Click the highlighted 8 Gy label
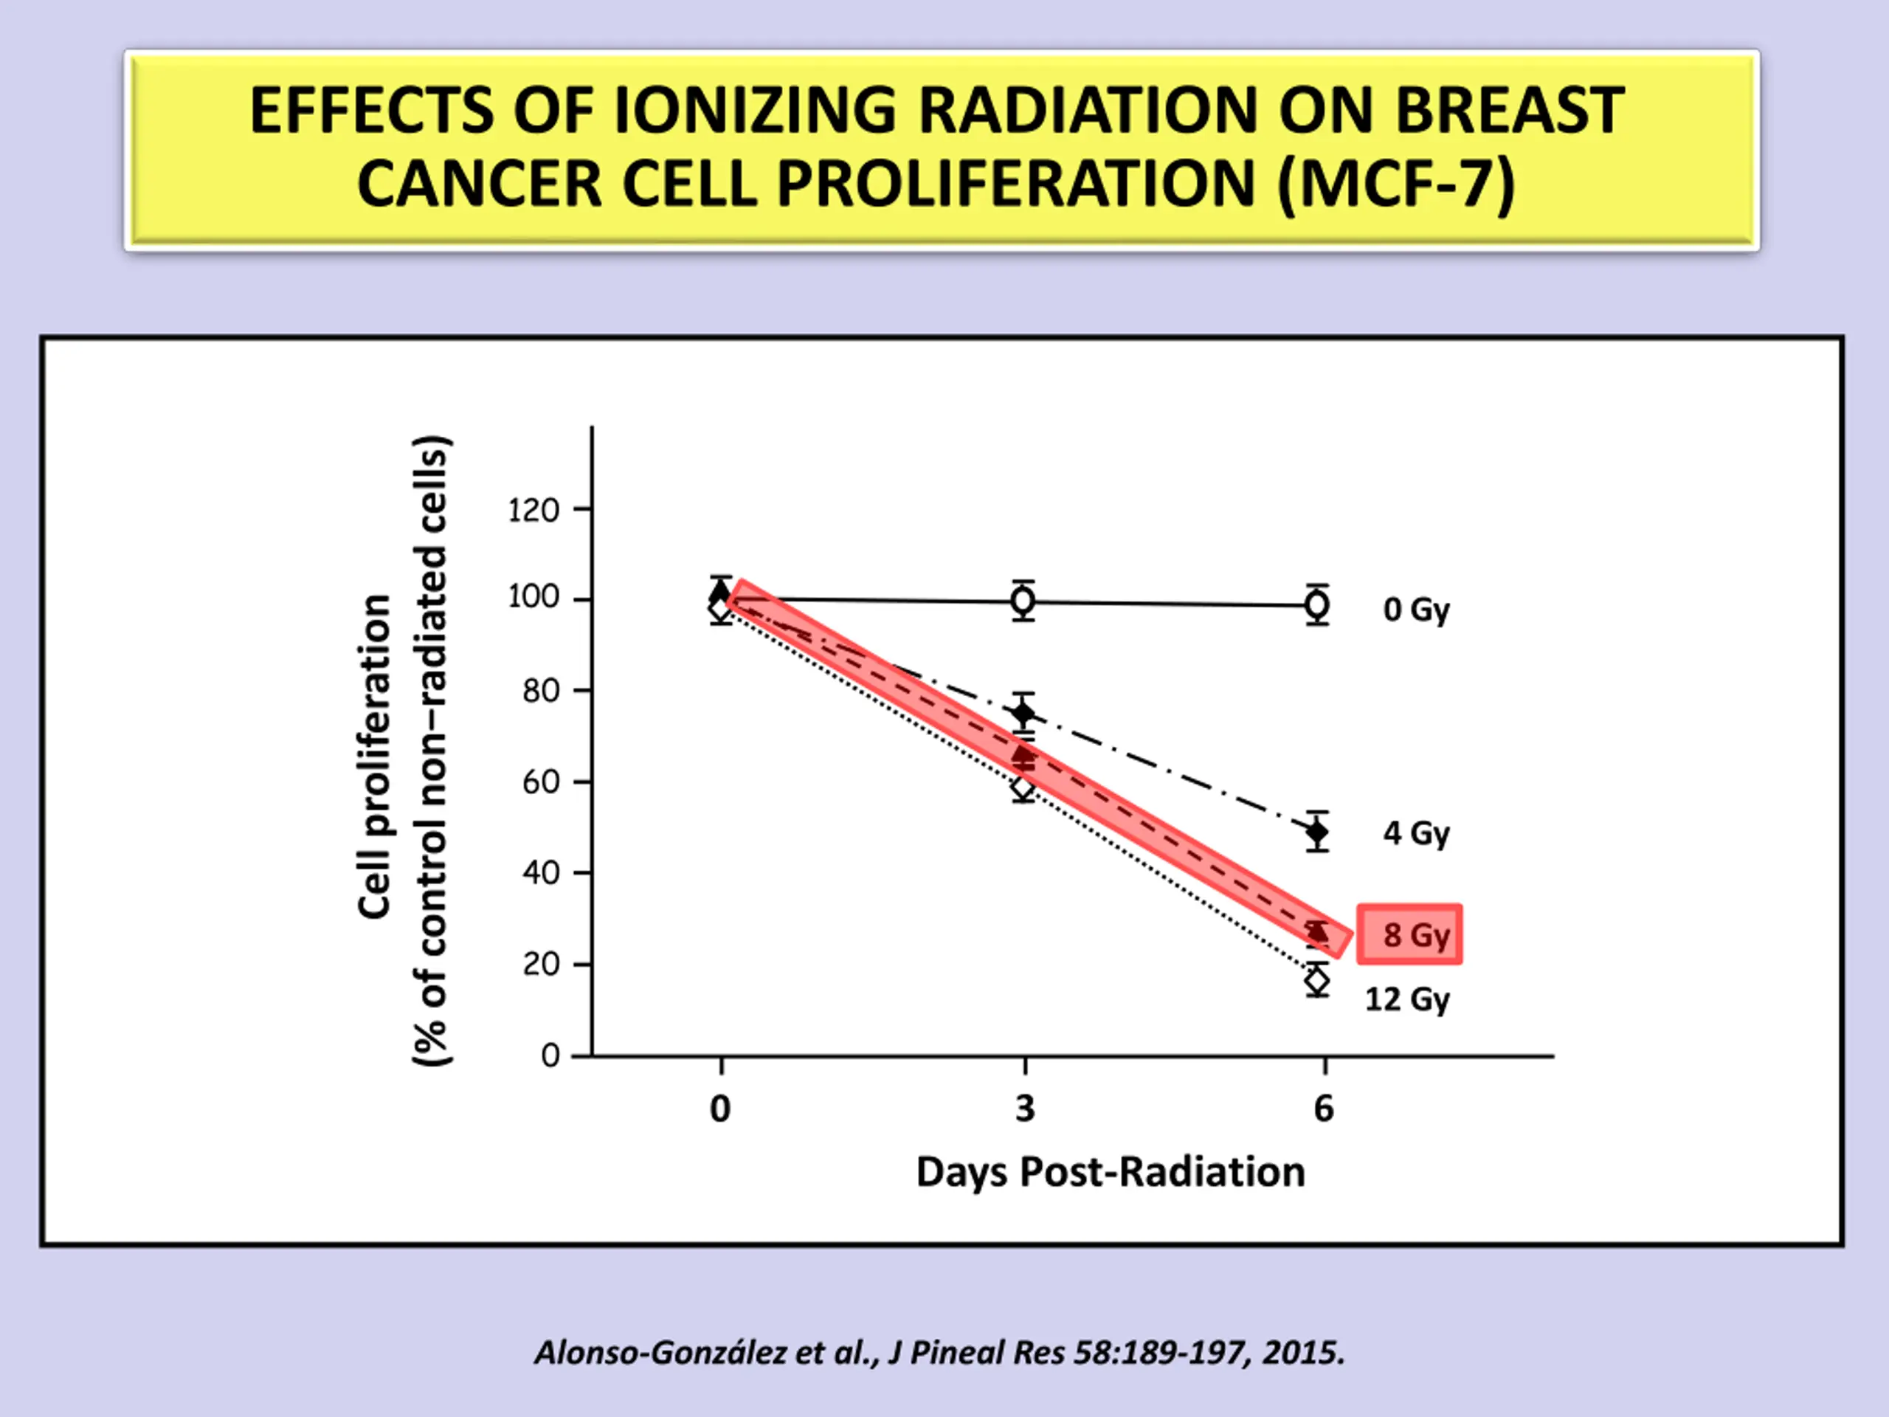click(x=1410, y=934)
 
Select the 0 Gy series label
click(x=1416, y=610)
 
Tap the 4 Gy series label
click(x=1416, y=832)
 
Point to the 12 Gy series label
click(x=1406, y=999)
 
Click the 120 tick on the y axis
click(x=533, y=510)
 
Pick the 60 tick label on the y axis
click(x=541, y=782)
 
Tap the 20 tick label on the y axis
click(x=541, y=965)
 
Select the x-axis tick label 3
click(x=1025, y=1109)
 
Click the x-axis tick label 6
click(x=1323, y=1109)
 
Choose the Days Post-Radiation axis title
click(x=1111, y=1172)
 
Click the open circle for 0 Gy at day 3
click(x=1023, y=601)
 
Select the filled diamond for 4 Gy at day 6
click(x=1318, y=831)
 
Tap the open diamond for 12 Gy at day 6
click(x=1318, y=982)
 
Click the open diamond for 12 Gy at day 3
click(x=1023, y=788)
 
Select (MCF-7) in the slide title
click(x=1395, y=185)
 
